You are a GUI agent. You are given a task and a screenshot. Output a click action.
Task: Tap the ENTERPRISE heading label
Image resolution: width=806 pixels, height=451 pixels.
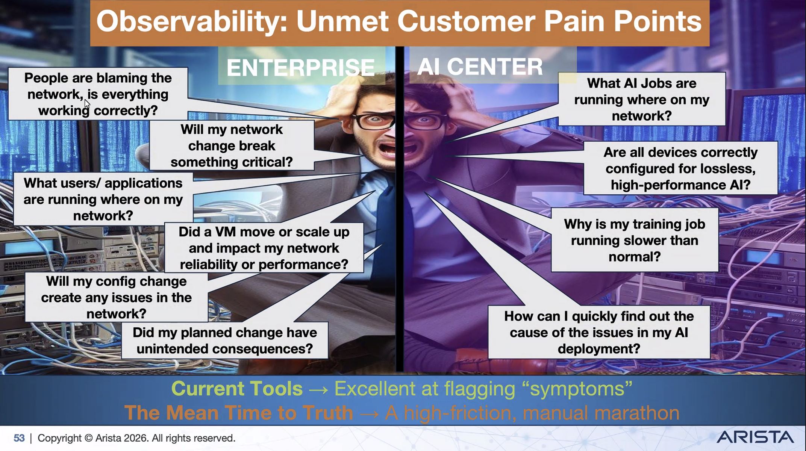pyautogui.click(x=301, y=68)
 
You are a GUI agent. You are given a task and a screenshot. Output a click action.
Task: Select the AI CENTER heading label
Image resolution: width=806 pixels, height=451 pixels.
pyautogui.click(x=480, y=67)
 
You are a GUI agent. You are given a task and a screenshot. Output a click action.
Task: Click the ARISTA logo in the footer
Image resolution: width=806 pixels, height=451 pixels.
pyautogui.click(x=755, y=437)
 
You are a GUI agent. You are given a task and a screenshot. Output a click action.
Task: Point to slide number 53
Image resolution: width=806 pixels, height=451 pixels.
pyautogui.click(x=19, y=438)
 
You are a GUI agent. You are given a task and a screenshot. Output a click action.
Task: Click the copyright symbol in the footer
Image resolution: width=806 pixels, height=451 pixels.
pyautogui.click(x=88, y=438)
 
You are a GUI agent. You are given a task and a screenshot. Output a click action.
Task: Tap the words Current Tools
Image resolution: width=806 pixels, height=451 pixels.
pyautogui.click(x=237, y=389)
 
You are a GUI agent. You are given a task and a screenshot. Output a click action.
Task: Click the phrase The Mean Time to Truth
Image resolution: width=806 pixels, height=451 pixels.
pyautogui.click(x=239, y=413)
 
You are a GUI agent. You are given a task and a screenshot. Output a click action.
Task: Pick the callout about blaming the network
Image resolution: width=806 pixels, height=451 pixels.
pyautogui.click(x=98, y=94)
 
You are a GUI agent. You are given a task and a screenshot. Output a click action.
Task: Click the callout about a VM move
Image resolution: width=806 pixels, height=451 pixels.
pyautogui.click(x=264, y=248)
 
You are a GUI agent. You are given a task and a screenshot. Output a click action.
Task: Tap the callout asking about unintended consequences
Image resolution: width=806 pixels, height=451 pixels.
pyautogui.click(x=225, y=341)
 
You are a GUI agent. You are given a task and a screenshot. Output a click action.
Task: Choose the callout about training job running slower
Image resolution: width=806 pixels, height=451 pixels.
pyautogui.click(x=635, y=240)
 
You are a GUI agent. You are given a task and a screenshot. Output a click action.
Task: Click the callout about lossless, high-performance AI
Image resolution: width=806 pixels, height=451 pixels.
pyautogui.click(x=680, y=168)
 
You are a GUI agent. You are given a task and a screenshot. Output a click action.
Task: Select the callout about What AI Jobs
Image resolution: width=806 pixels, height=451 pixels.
pyautogui.click(x=642, y=99)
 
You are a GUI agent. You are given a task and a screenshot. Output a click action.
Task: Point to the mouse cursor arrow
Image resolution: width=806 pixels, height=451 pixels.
pyautogui.click(x=87, y=104)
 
